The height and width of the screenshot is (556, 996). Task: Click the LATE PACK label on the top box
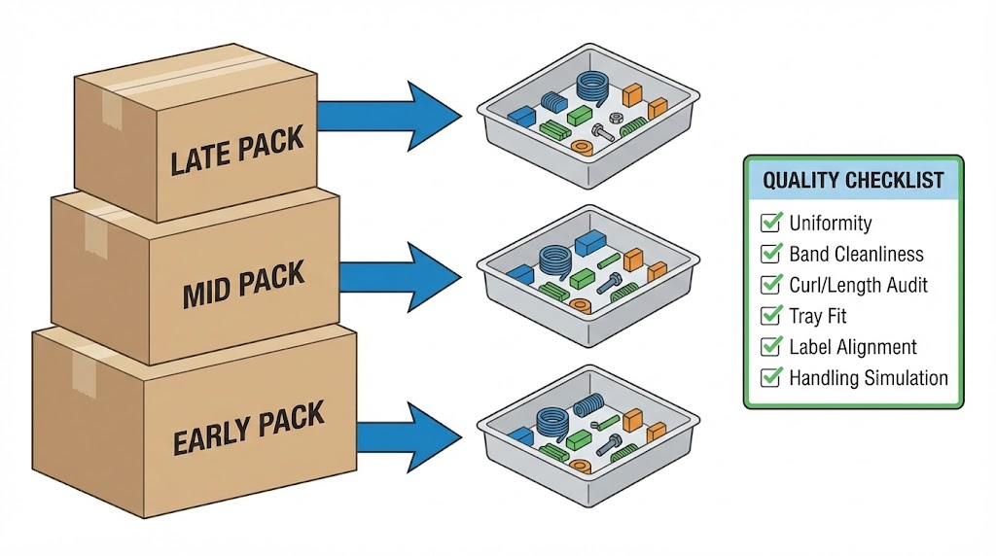click(236, 152)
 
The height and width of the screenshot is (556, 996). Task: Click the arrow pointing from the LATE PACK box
click(389, 116)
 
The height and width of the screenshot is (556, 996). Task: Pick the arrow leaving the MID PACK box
click(400, 276)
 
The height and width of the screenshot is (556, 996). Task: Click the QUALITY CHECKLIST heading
click(853, 180)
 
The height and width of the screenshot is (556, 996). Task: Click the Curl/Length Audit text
click(858, 285)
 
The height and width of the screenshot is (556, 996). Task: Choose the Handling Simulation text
click(868, 378)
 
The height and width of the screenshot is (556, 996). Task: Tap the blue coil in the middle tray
click(555, 261)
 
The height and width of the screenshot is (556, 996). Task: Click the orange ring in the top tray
click(583, 147)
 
